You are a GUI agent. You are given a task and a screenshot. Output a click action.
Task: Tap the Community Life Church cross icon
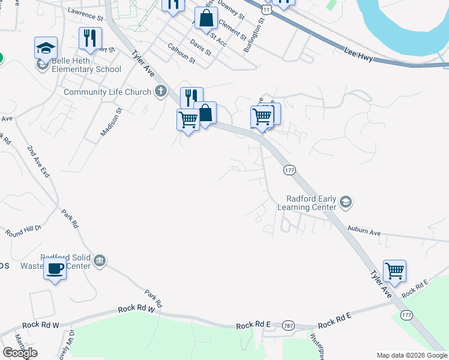pos(160,92)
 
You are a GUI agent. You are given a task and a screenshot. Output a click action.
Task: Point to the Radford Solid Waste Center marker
pos(100,260)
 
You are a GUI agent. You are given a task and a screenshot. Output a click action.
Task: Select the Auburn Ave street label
pos(364,231)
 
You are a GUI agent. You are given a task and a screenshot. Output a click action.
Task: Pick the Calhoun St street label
pos(181,53)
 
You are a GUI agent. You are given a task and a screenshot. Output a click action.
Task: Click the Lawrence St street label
pos(86,14)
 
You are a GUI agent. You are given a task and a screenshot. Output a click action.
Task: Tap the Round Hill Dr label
pos(23,230)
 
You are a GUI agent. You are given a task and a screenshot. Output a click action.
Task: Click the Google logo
pos(20,353)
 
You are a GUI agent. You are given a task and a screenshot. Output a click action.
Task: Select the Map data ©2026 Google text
pos(412,355)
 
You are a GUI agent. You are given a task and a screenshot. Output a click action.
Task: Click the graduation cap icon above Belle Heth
pos(46,47)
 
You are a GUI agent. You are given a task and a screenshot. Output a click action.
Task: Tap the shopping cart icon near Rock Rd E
pos(394,271)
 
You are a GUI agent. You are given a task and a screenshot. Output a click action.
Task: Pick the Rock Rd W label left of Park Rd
pos(41,325)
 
